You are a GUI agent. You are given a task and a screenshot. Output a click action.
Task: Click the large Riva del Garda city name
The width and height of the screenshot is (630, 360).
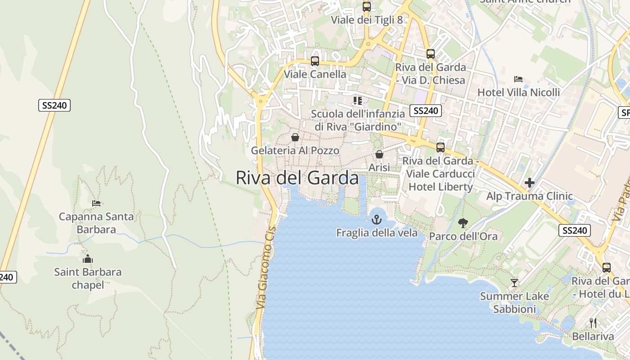[x=297, y=178]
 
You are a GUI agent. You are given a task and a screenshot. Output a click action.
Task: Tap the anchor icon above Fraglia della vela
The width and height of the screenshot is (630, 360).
[x=377, y=220]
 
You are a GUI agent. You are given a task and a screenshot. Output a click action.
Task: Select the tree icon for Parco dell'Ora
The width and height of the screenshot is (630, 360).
[x=463, y=223]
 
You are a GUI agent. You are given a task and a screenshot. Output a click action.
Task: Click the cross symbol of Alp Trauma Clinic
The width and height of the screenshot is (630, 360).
[x=530, y=183]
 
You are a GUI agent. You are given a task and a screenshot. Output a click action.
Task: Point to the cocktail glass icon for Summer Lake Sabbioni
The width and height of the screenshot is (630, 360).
[x=514, y=283]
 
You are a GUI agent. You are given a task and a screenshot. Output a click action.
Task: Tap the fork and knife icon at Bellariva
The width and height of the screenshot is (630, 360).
[x=593, y=323]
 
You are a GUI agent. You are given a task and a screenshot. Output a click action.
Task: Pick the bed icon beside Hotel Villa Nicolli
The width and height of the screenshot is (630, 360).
[x=518, y=79]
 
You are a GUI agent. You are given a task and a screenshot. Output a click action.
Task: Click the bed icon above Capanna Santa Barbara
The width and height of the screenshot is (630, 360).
[x=96, y=203]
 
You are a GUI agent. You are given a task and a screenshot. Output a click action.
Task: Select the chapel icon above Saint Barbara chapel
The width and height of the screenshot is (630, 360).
[x=88, y=259]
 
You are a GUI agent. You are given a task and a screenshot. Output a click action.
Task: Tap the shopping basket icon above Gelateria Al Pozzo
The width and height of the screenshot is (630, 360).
[x=295, y=137]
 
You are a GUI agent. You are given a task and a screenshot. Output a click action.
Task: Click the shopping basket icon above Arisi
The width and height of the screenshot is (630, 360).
[x=379, y=154]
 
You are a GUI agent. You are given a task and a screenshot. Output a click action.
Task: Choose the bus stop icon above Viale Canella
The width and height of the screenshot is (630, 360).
[x=315, y=61]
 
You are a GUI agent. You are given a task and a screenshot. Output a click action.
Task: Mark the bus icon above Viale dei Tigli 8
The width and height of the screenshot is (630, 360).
[x=367, y=6]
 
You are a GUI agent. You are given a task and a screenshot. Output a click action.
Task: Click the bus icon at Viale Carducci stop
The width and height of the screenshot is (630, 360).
[x=441, y=147]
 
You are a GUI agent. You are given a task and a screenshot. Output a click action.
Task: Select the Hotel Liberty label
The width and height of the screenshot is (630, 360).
[x=441, y=187]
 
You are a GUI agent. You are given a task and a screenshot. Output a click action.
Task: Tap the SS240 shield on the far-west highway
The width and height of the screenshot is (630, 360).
[x=54, y=105]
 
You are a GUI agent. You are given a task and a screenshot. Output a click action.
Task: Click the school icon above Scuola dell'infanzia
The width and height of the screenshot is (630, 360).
[x=358, y=100]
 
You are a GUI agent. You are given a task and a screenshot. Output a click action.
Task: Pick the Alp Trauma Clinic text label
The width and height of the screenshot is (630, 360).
[x=530, y=196]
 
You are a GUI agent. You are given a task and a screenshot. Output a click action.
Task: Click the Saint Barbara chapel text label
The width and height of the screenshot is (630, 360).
[x=88, y=279]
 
